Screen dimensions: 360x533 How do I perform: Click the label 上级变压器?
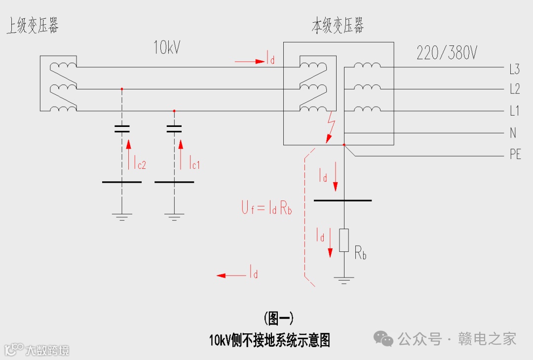click(32, 25)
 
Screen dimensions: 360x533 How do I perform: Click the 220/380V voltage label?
click(447, 53)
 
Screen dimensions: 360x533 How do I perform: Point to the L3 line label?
click(514, 69)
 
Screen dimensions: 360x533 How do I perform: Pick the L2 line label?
click(514, 89)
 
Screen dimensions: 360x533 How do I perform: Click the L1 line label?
click(514, 111)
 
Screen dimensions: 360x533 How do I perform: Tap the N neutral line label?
click(513, 133)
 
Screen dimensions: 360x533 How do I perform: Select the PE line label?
click(515, 155)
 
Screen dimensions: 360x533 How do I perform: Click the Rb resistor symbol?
click(344, 240)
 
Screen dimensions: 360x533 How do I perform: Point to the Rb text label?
click(360, 253)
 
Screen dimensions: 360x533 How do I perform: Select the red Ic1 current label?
click(193, 163)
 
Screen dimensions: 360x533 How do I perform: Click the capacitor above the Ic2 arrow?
click(122, 129)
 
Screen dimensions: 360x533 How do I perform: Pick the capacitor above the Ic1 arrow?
click(174, 129)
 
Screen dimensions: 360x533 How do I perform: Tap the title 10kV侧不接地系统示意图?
click(269, 340)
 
